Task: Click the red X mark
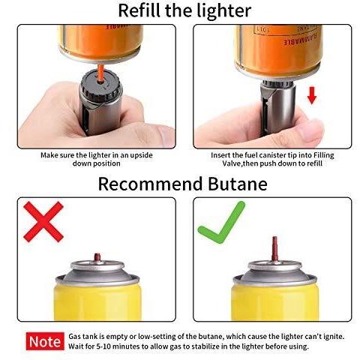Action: point(43,222)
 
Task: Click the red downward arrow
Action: point(312,95)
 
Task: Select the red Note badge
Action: point(45,341)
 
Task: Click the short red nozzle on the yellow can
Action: point(97,257)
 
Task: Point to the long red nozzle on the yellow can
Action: point(274,249)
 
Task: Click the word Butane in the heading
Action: point(238,184)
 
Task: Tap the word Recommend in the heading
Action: point(150,184)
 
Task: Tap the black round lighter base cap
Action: point(100,85)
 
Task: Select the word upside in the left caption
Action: point(141,155)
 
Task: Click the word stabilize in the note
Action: point(199,346)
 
